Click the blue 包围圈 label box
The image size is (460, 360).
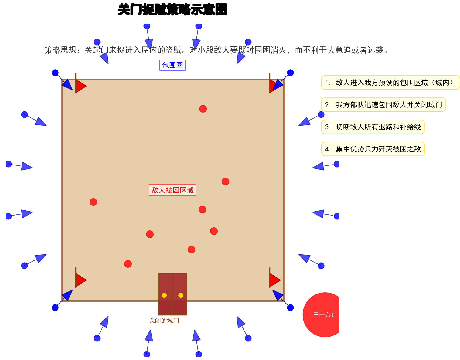[x=172, y=65]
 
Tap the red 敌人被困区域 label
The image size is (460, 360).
[x=172, y=190]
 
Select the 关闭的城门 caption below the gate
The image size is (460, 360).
[x=164, y=321]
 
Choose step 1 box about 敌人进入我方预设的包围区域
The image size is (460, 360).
[x=390, y=83]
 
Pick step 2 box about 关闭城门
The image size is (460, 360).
[x=383, y=105]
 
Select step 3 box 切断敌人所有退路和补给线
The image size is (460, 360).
[x=373, y=127]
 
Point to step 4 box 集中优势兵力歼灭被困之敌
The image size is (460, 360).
[x=373, y=149]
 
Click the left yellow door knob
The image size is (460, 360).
[x=164, y=295]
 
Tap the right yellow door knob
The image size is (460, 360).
[x=181, y=295]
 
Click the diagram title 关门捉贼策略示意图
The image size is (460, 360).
[x=172, y=10]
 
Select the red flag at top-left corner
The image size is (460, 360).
[x=80, y=86]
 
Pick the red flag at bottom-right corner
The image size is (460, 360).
[x=274, y=280]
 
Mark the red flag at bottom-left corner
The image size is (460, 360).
[x=80, y=280]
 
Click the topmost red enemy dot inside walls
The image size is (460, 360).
[x=203, y=109]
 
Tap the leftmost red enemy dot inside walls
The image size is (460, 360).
[x=93, y=202]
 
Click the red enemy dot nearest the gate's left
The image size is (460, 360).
[x=128, y=264]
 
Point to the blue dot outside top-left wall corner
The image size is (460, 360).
[x=55, y=73]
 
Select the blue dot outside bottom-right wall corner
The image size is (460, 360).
[x=290, y=307]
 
